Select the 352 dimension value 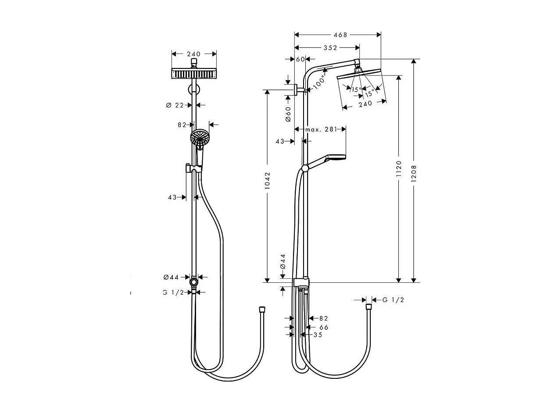[x=330, y=48]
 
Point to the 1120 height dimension [x=399, y=168]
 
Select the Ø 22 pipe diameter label [x=175, y=105]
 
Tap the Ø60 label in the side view [x=288, y=114]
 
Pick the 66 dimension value [x=324, y=327]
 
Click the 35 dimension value [x=318, y=335]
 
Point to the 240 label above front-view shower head [x=193, y=54]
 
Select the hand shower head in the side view [x=336, y=158]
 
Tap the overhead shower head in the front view [x=193, y=73]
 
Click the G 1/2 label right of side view [x=393, y=300]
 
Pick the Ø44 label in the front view [x=171, y=277]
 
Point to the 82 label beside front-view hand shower [x=182, y=125]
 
